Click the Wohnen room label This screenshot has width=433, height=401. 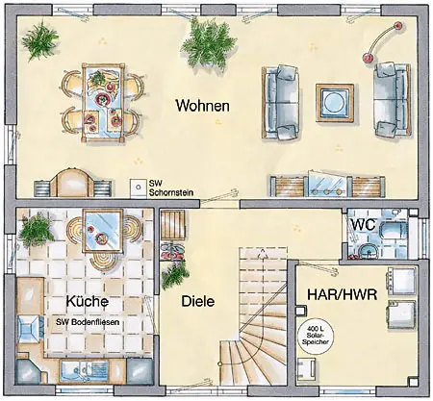tap(203, 106)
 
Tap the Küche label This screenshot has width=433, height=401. tap(88, 301)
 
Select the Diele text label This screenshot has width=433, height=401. tap(198, 301)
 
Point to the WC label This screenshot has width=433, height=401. tap(364, 224)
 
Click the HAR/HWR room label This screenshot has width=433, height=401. tap(342, 294)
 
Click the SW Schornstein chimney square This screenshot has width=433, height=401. tap(139, 188)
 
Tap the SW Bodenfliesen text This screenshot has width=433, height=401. tap(88, 322)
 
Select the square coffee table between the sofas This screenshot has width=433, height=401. tap(335, 103)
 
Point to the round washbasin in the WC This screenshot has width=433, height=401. tap(369, 251)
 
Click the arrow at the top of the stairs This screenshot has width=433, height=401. tap(263, 253)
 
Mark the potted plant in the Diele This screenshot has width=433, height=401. tap(175, 275)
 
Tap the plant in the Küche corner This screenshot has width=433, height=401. tap(36, 230)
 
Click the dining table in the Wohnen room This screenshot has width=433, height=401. tap(103, 102)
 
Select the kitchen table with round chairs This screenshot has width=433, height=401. tap(103, 231)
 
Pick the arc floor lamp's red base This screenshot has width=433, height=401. tap(368, 58)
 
